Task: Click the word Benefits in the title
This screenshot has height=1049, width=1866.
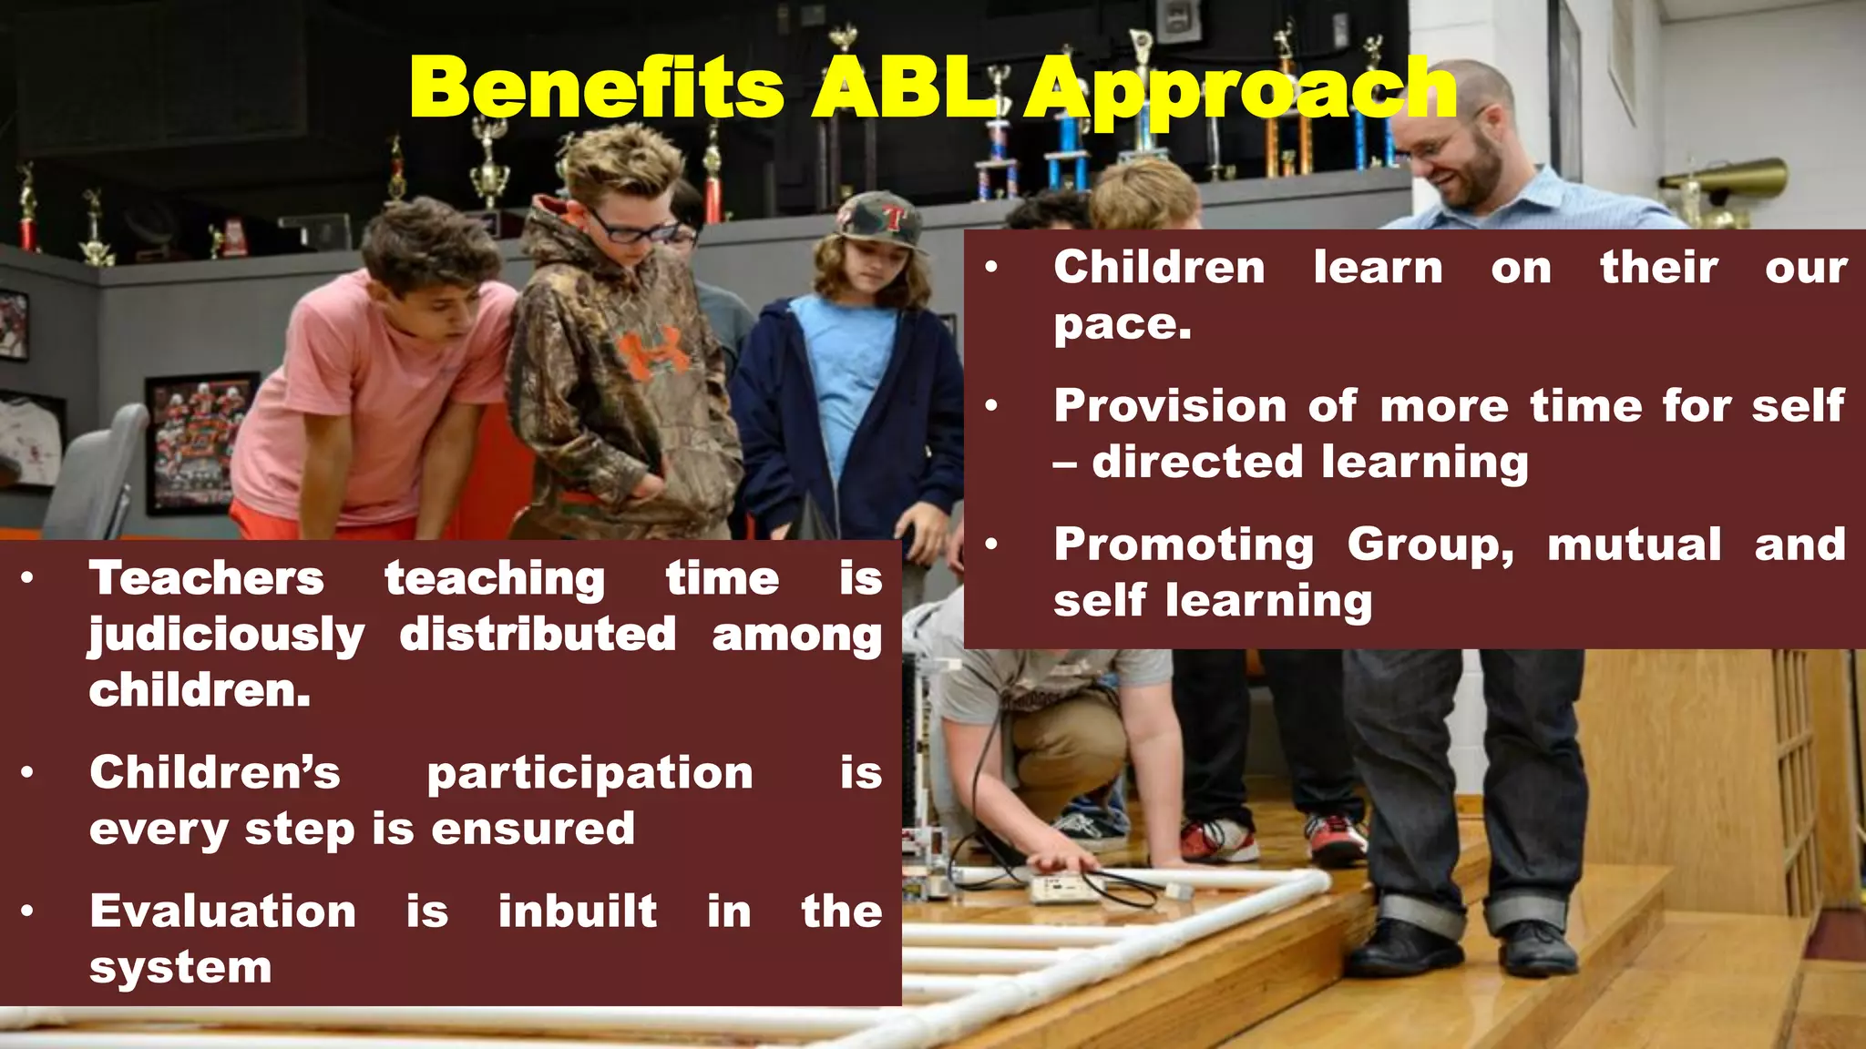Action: [597, 88]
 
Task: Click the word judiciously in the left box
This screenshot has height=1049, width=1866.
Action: [227, 636]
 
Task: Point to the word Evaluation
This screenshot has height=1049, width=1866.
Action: [222, 911]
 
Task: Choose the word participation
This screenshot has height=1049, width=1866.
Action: [590, 774]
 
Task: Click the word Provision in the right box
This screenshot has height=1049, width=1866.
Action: [1170, 406]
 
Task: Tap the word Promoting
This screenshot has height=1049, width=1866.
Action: [1184, 545]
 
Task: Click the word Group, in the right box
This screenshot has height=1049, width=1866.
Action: [1430, 545]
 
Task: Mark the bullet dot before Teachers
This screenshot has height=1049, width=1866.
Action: [28, 577]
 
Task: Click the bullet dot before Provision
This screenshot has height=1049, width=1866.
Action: [992, 405]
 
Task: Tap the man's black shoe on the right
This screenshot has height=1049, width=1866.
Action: [1538, 947]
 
